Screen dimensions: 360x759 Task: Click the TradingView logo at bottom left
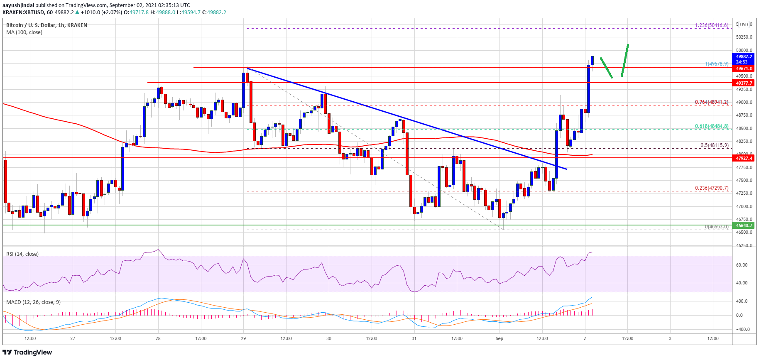(27, 353)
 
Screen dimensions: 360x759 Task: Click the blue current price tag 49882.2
(744, 56)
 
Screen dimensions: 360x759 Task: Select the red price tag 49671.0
(744, 69)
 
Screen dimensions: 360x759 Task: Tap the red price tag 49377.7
(744, 83)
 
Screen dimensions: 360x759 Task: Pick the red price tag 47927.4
(744, 158)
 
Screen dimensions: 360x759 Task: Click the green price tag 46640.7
(744, 225)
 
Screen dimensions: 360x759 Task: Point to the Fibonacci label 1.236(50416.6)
(711, 25)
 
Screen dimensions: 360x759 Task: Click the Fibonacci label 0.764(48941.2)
(711, 102)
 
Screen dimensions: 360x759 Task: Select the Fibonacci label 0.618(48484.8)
(711, 126)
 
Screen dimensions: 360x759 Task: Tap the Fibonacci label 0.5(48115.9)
(714, 145)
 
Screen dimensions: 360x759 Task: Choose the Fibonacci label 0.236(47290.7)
(711, 188)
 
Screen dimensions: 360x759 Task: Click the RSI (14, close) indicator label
(22, 254)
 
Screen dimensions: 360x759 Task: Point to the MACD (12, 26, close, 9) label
(33, 302)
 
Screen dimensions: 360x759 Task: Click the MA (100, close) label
(24, 32)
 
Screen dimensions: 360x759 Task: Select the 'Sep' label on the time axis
(499, 338)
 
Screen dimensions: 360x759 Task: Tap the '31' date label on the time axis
(414, 338)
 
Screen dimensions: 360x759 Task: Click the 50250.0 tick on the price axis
(744, 37)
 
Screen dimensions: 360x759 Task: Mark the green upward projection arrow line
(625, 60)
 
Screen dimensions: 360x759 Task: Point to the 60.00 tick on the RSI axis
(742, 265)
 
